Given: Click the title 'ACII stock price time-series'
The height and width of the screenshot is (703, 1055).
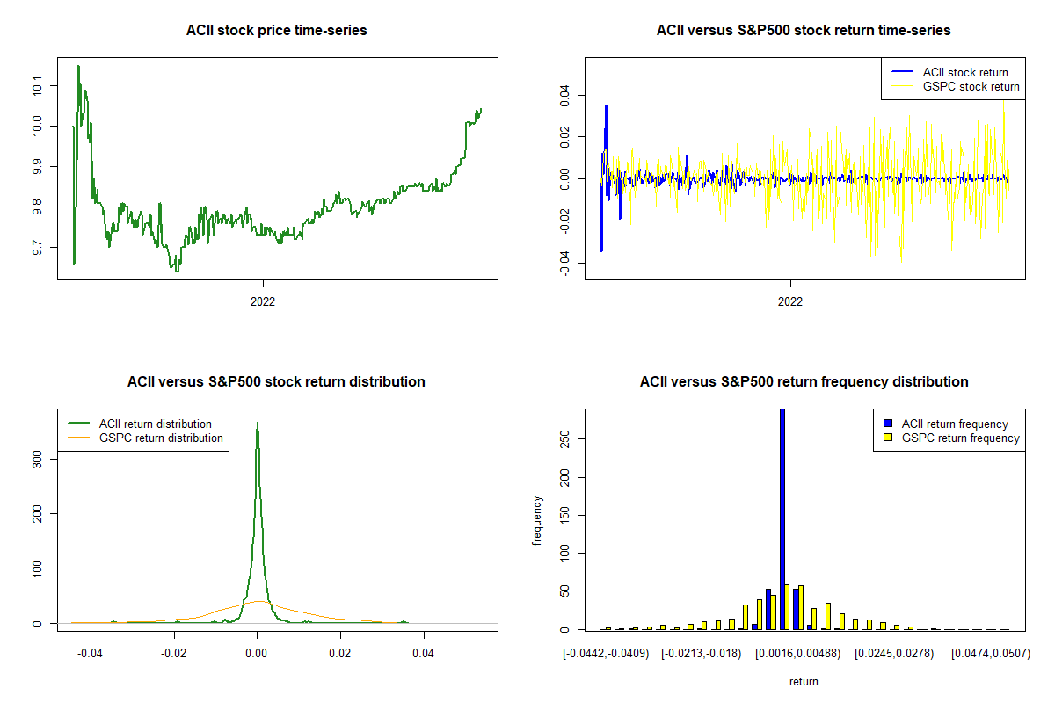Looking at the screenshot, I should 276,31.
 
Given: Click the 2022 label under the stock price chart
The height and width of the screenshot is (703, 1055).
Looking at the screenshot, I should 263,301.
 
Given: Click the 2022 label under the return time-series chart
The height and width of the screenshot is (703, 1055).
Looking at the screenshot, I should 790,301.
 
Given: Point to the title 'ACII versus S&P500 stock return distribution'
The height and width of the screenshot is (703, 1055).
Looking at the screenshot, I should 276,382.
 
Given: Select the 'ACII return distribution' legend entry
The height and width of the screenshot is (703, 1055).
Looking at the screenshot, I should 155,424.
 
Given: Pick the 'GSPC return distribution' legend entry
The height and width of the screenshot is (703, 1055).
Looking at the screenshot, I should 161,438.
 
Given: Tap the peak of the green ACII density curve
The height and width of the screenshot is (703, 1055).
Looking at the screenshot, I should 257,424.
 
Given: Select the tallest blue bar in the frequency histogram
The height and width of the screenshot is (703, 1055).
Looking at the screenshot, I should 782,518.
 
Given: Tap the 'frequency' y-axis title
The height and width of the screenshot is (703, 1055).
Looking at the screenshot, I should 537,521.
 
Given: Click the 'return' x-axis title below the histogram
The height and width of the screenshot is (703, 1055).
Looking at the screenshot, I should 804,681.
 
